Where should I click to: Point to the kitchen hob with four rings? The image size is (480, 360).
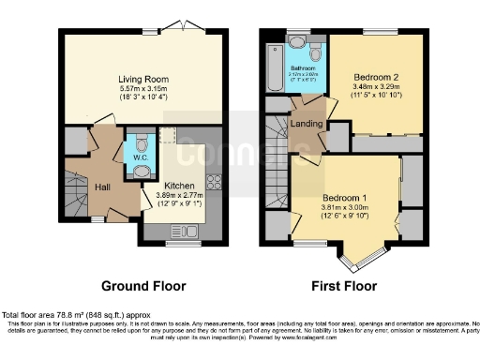coord(213,182)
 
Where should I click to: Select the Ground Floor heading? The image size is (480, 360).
coord(143,286)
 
